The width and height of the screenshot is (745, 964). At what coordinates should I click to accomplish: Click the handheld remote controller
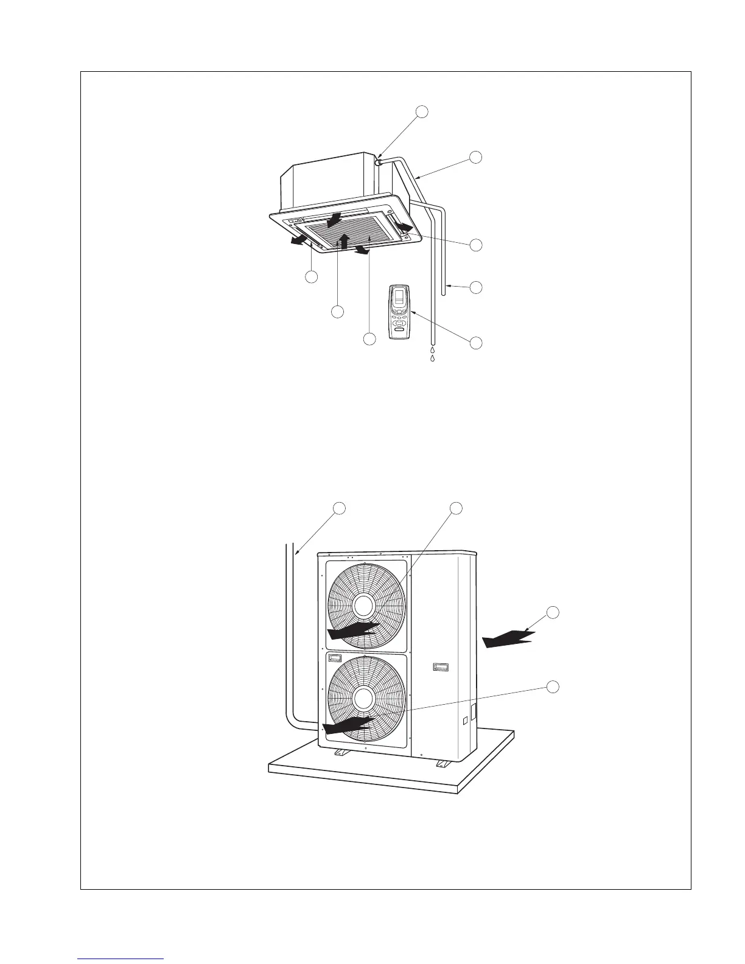pos(400,312)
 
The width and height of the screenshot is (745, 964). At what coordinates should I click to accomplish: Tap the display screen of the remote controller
pos(399,298)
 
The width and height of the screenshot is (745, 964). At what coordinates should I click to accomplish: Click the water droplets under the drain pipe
pos(432,354)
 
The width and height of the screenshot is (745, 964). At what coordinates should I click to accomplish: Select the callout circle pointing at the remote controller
pos(477,342)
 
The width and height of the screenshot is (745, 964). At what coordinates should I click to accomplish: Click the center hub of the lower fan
pos(363,699)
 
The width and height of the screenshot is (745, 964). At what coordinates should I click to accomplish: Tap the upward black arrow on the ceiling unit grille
pos(344,240)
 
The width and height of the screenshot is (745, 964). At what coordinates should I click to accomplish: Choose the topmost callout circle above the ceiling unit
pos(422,111)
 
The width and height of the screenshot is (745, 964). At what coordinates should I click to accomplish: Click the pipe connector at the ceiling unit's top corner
pos(379,162)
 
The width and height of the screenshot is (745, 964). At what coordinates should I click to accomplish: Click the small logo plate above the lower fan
pos(336,657)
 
